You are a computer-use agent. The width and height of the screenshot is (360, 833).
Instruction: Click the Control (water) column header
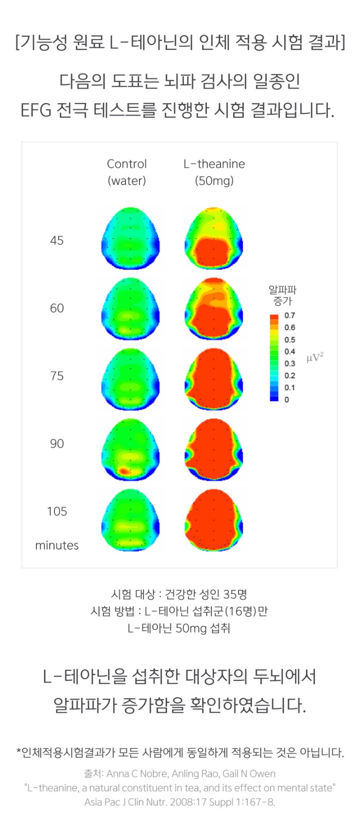pos(126,172)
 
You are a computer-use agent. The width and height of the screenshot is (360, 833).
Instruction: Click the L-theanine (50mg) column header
pos(214,172)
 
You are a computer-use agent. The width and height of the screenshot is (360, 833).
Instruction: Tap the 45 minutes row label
pos(57,240)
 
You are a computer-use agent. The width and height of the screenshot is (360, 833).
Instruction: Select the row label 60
pos(57,308)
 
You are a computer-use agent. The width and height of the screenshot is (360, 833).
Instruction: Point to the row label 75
pos(57,376)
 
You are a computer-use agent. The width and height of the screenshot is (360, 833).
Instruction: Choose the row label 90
pos(57,443)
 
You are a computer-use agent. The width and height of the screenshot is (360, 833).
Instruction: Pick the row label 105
pos(57,511)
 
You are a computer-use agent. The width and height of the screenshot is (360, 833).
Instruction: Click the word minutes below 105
pos(57,545)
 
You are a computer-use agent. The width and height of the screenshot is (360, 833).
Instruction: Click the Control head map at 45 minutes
pos(131,238)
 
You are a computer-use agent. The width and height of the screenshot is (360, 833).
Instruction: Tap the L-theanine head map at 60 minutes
pos(214,309)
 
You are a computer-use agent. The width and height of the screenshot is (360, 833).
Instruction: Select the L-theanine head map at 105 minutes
pos(214,520)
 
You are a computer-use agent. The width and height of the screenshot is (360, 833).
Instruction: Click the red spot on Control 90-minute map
pos(124,471)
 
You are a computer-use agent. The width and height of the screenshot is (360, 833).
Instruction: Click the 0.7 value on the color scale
pos(289,316)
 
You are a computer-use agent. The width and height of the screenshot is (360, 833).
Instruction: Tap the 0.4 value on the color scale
pos(289,352)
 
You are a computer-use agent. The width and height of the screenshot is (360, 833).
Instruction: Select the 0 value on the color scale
pos(287,400)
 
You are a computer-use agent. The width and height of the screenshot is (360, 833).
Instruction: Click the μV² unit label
pos(315,358)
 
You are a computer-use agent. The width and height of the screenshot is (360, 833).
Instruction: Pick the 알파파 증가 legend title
pos(282,295)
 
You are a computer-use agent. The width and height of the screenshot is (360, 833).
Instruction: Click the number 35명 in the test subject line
pos(235,594)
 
